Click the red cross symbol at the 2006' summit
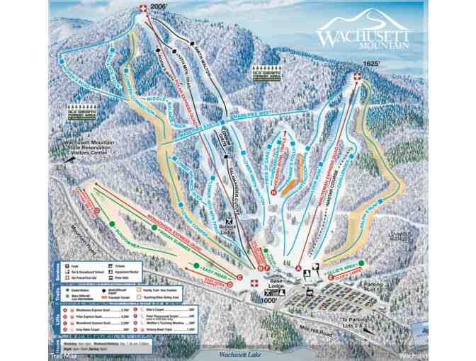pyautogui.click(x=144, y=8)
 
